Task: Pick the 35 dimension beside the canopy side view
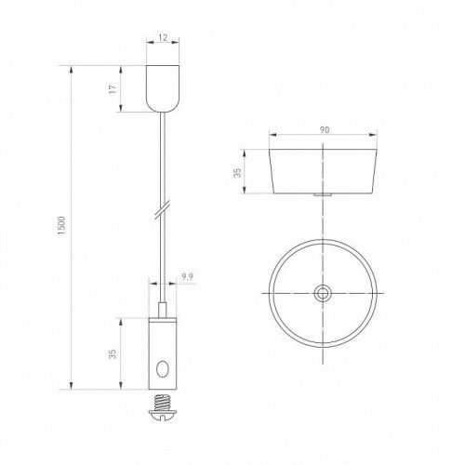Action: click(x=237, y=173)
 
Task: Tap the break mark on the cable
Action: click(x=163, y=207)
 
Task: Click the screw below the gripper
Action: click(x=163, y=403)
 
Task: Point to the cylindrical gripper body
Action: click(x=163, y=349)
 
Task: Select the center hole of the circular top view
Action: click(x=322, y=292)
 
